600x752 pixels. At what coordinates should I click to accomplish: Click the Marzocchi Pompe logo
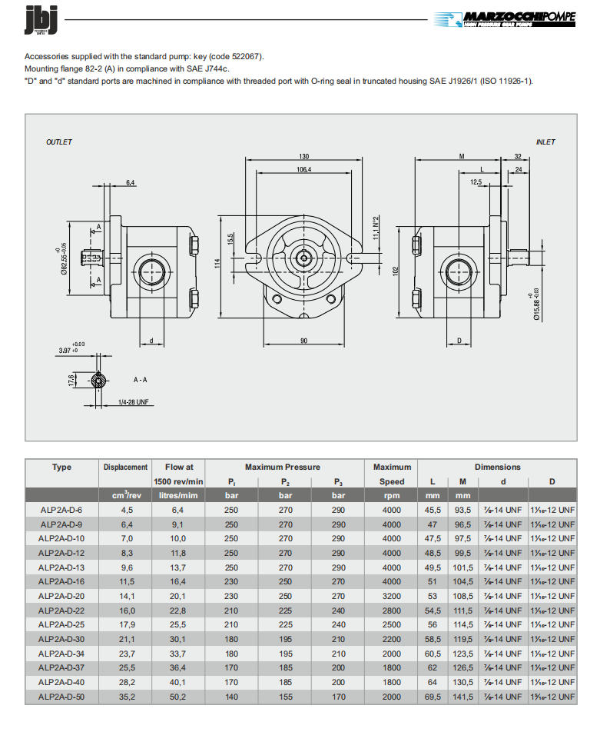tap(504, 20)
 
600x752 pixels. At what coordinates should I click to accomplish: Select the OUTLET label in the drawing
tap(59, 142)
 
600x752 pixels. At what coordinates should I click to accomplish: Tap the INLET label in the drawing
tap(545, 142)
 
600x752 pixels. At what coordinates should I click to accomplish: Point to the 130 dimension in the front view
tap(304, 156)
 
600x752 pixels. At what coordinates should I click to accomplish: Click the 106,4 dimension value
tap(304, 170)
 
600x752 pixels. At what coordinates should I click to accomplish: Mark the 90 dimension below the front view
tap(304, 340)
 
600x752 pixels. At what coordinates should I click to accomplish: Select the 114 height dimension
tap(217, 263)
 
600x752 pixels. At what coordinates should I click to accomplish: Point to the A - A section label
tap(141, 380)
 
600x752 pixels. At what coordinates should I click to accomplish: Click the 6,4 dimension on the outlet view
tap(130, 182)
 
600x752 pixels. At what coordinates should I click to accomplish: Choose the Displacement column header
tap(125, 467)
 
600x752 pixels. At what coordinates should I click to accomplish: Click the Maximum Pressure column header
tap(283, 467)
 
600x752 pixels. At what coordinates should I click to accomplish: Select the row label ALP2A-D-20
tap(61, 596)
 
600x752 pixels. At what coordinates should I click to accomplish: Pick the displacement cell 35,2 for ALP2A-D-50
tap(128, 697)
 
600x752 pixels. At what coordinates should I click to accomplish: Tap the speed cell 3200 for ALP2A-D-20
tap(391, 596)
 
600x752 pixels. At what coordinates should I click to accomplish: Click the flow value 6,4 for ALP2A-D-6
tap(177, 510)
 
